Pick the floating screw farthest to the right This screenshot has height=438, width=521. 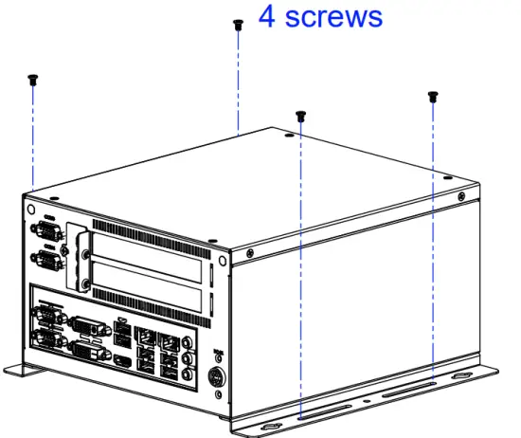[433, 95]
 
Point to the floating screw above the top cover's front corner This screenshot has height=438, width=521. [300, 115]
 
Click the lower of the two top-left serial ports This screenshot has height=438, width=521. [45, 258]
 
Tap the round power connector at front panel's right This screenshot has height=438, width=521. [216, 376]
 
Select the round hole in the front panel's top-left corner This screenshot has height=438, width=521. [31, 208]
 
